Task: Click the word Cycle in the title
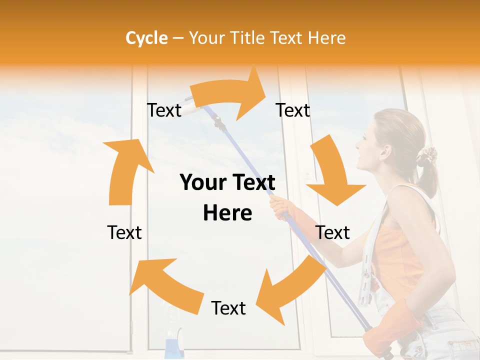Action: (x=146, y=38)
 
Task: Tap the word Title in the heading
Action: (x=248, y=38)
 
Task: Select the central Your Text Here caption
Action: (x=227, y=197)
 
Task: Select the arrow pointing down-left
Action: (x=290, y=290)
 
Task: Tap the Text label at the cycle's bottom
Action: (x=228, y=308)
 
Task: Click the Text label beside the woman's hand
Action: (x=333, y=232)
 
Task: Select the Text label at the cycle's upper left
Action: (x=164, y=110)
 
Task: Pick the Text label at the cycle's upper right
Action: (x=293, y=110)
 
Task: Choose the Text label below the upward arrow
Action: (x=124, y=232)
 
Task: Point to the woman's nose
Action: (x=357, y=145)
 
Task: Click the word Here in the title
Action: (x=326, y=38)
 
